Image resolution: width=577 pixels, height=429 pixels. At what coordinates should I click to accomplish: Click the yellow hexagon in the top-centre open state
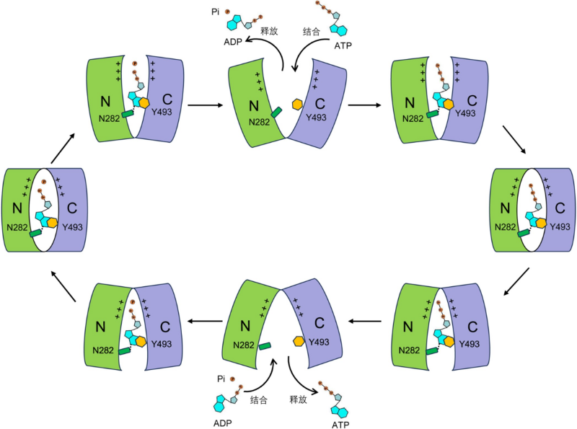coord(296,105)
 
